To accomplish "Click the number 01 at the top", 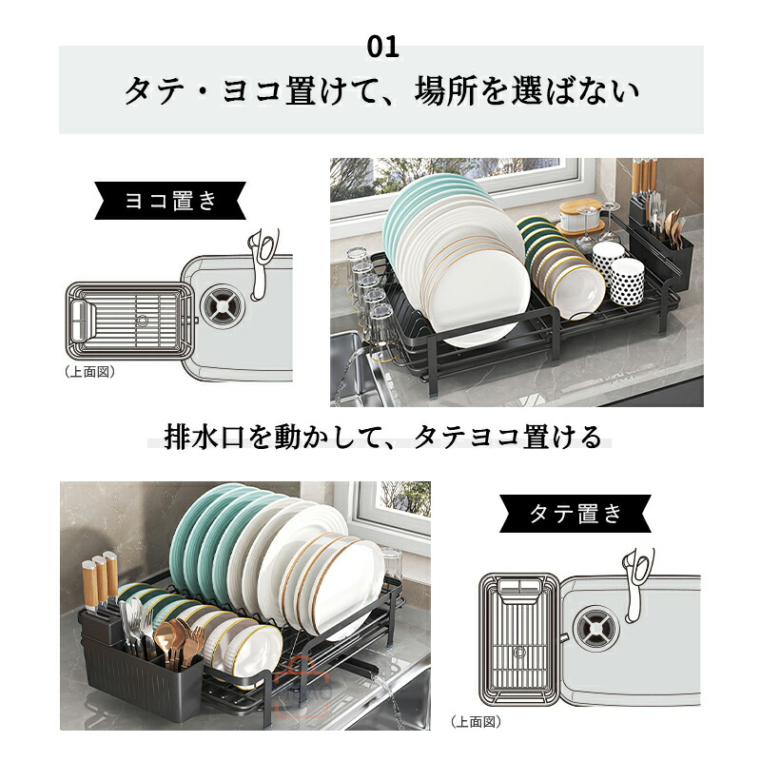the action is coord(383,47).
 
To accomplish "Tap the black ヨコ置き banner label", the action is coord(170,201).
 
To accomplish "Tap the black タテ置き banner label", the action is coord(576,514).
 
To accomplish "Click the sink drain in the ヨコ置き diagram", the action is coord(223,305).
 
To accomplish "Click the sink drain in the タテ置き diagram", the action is coord(596,627).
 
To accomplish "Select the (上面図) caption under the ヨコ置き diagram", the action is coord(89,372).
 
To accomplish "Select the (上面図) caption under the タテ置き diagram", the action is coord(476,722).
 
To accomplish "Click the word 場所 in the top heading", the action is coord(445,90).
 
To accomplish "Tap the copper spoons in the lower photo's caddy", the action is coord(176,640).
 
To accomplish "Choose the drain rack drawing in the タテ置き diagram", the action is coord(519,639).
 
